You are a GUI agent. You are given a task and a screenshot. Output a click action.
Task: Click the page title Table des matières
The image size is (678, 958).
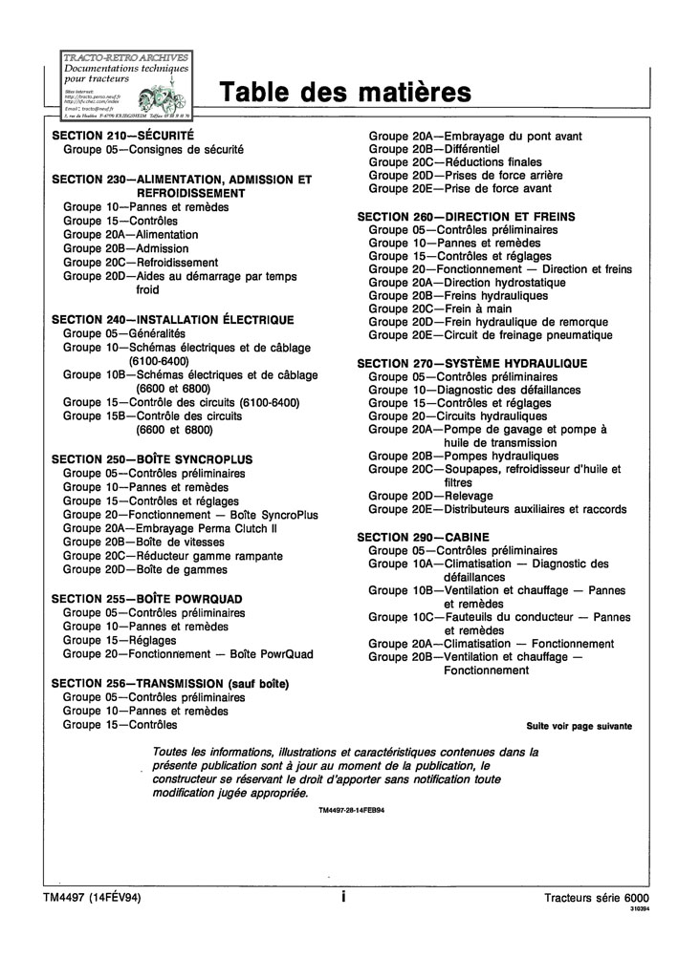345,93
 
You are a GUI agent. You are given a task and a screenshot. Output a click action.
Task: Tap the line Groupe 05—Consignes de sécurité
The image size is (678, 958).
153,150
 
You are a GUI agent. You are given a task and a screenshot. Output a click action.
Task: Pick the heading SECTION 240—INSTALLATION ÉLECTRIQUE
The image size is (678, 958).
172,320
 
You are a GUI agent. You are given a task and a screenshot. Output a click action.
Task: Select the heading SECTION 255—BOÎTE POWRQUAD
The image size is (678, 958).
146,598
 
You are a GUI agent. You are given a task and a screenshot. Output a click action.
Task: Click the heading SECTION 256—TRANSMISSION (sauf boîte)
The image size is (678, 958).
170,683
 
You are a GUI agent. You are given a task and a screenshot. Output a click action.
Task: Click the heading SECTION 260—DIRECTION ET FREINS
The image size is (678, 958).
466,217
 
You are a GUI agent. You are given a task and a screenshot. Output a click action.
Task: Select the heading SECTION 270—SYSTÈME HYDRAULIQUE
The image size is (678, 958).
471,364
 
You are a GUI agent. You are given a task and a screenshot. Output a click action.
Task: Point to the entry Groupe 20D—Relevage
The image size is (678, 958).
431,496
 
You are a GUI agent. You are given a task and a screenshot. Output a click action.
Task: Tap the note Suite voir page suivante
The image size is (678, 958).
579,726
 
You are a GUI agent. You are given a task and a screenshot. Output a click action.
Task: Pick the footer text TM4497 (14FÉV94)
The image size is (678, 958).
92,898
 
